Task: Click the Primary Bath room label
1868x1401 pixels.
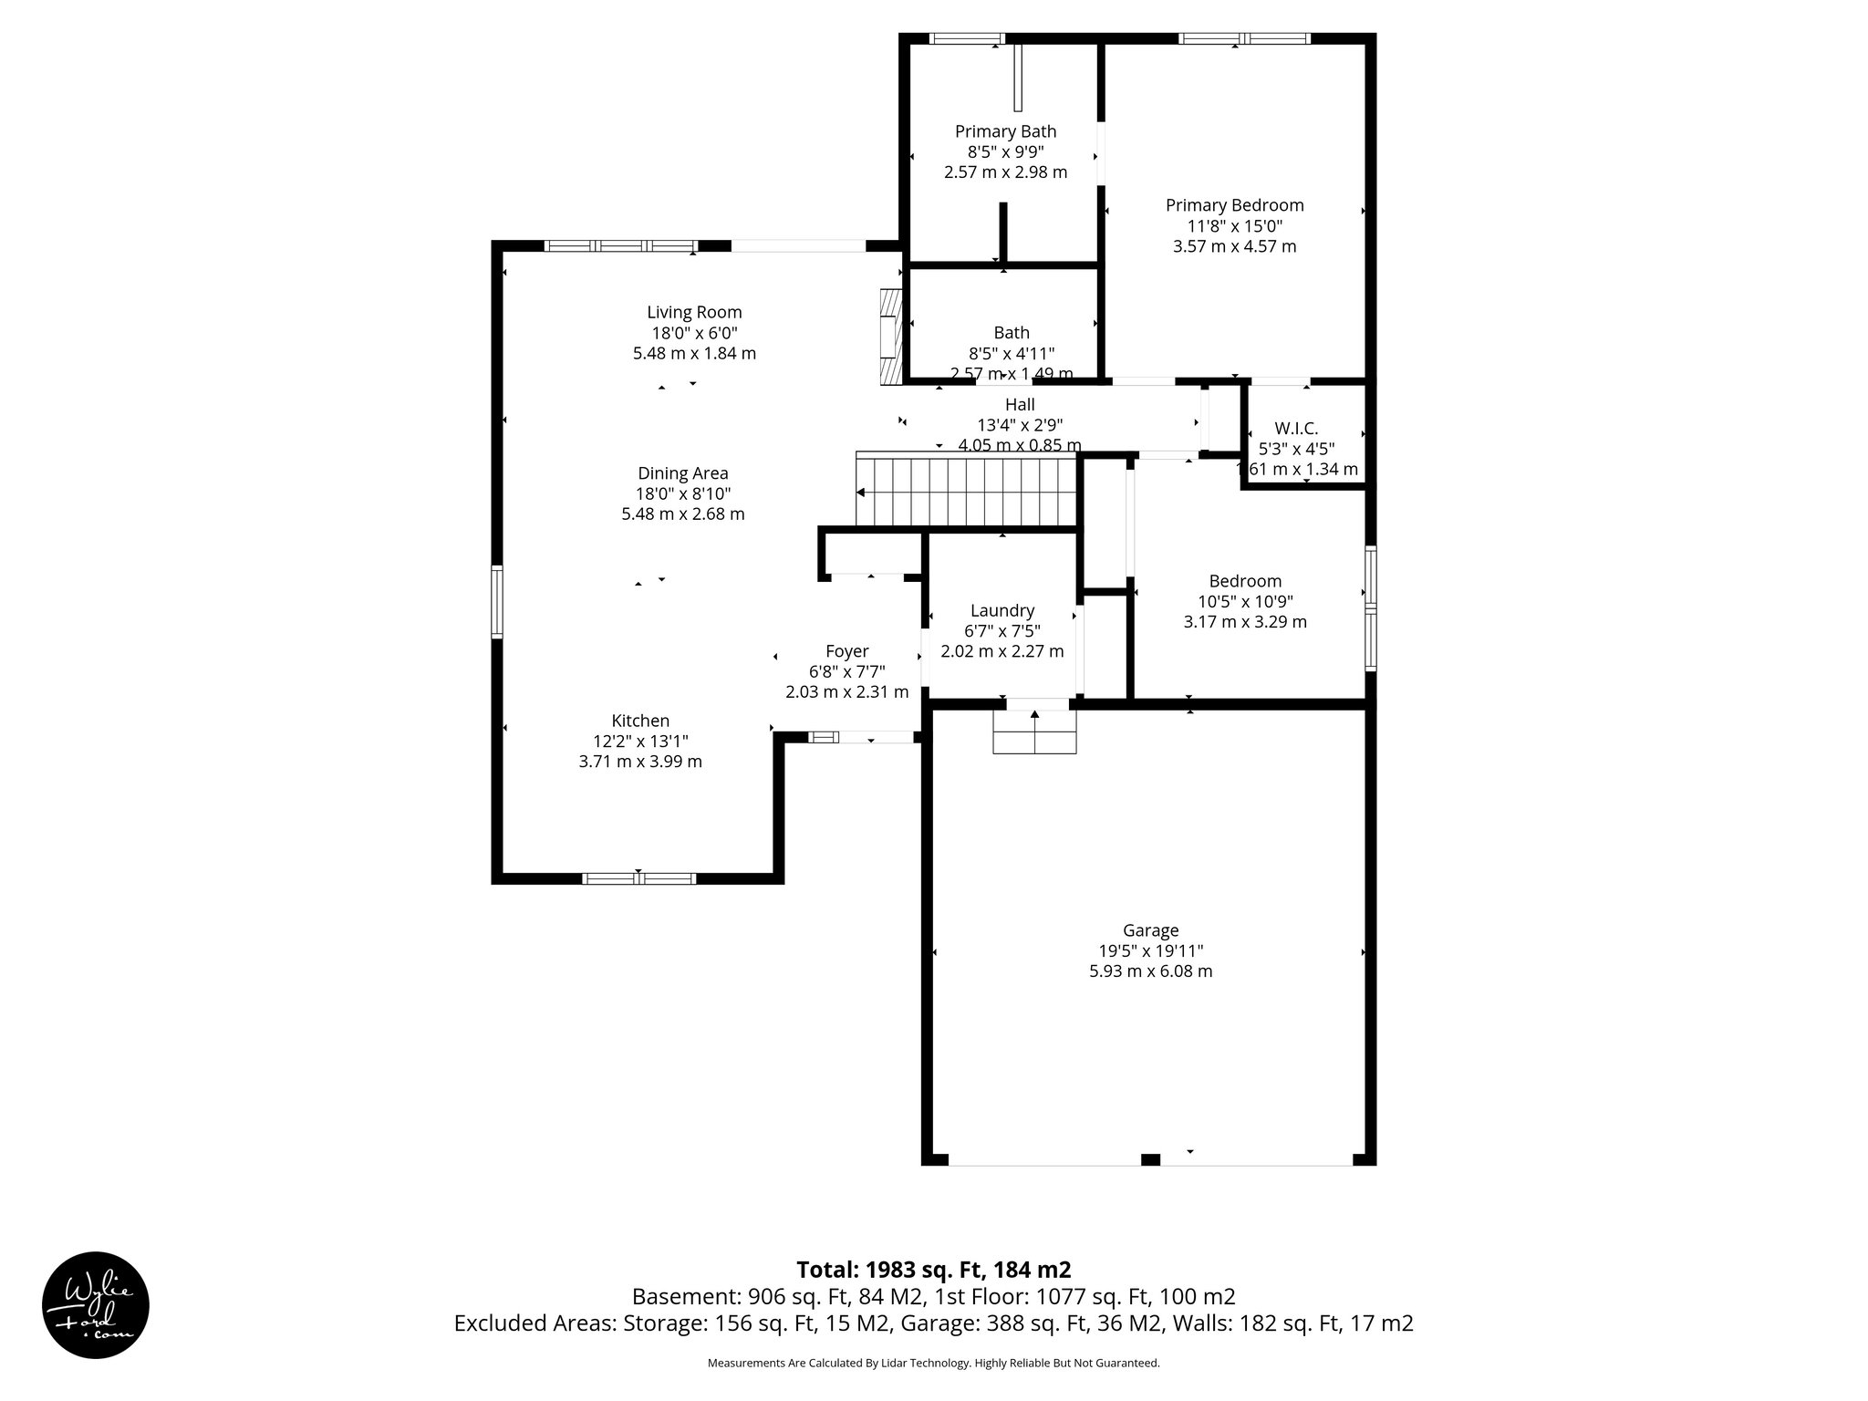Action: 1005,131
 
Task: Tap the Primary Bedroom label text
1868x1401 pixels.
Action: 1234,205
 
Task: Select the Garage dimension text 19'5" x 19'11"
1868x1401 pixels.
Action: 1150,951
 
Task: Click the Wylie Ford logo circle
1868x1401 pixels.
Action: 96,1304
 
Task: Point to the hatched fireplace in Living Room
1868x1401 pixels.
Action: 889,335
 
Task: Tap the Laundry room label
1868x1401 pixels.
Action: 1001,610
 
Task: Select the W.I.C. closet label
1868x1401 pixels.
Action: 1296,428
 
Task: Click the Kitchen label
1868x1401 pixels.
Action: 640,721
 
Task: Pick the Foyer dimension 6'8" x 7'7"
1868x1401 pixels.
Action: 846,671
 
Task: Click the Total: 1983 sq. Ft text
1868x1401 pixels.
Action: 933,1270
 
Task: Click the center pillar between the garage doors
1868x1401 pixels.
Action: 1150,1159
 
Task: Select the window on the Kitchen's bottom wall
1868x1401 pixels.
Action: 638,878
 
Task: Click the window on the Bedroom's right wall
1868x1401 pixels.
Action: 1370,608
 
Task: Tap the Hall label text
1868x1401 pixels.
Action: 1020,404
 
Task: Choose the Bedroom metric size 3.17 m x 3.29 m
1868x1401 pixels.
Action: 1245,622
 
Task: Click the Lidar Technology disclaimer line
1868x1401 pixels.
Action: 933,1363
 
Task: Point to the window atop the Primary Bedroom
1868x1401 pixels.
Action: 1244,38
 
